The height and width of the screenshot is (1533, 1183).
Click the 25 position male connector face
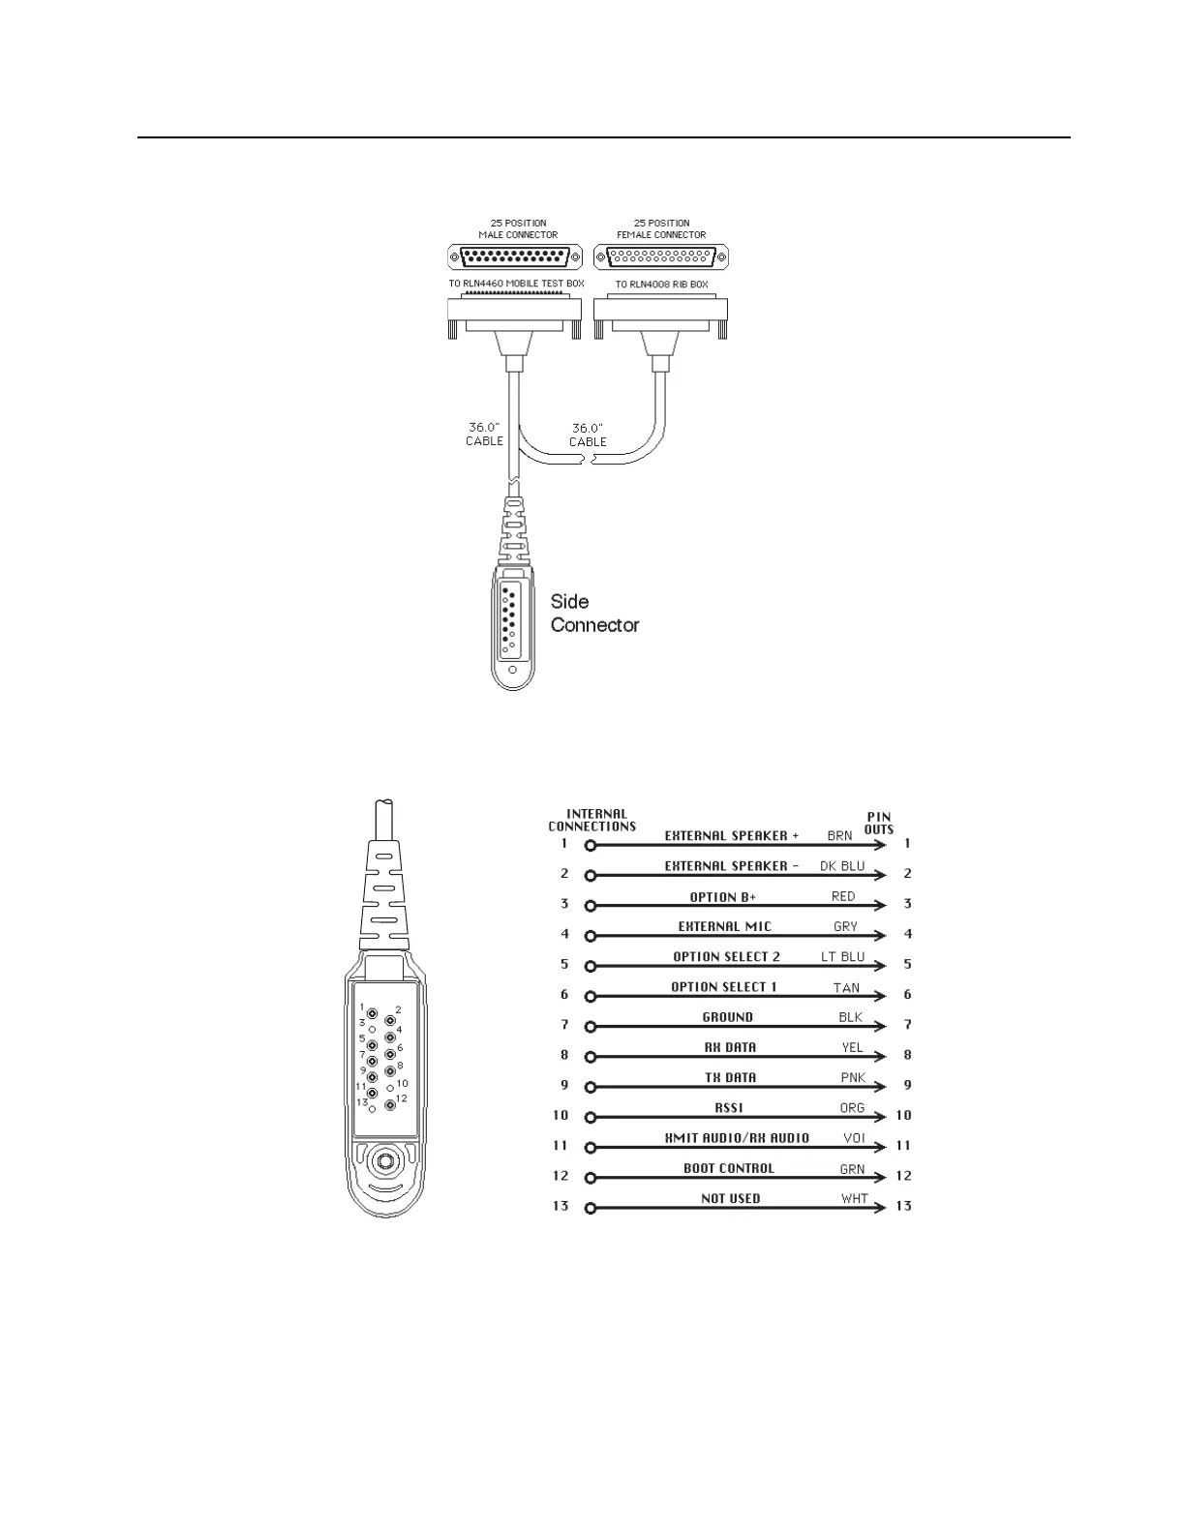515,257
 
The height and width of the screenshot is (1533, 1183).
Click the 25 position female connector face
660,257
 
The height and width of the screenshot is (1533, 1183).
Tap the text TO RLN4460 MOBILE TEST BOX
516,285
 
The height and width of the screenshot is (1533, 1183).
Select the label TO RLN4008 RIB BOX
661,285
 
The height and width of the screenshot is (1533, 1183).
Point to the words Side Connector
594,614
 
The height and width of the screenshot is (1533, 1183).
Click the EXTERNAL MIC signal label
725,926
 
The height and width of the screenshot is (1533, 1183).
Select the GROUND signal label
727,1017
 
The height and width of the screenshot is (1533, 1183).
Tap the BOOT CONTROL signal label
729,1168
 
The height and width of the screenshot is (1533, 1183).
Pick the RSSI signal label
729,1107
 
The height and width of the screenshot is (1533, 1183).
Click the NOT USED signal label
731,1198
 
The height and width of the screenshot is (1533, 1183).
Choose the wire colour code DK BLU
842,866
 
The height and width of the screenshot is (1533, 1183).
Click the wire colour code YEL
852,1047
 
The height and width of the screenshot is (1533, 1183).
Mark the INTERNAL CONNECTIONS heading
592,820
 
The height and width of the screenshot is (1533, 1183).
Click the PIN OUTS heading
878,823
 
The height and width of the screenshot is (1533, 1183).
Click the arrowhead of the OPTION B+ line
879,906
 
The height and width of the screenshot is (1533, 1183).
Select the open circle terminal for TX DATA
591,1087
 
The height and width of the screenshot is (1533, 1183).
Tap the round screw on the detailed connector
385,1159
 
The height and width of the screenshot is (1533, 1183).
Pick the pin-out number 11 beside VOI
903,1146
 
